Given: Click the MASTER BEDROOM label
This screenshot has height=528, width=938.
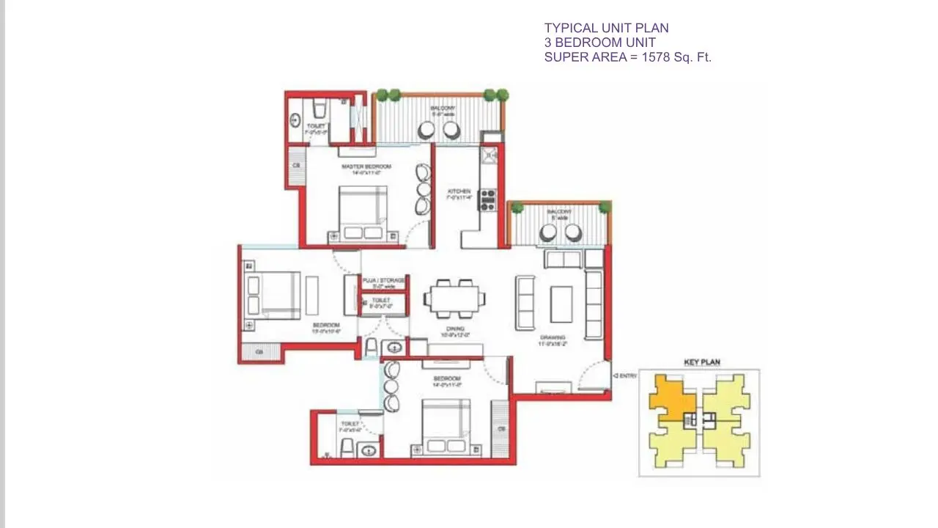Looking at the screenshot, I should click(366, 166).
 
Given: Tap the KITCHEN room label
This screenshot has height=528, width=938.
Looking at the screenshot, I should click(459, 192).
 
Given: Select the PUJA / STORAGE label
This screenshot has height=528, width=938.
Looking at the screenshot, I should click(383, 280).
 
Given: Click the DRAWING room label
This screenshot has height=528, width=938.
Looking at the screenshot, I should click(553, 337).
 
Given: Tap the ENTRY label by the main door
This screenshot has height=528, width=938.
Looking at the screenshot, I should click(627, 375).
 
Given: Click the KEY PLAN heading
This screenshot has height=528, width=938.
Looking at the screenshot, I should click(701, 362).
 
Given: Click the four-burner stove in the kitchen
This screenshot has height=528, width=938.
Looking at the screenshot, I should click(487, 199).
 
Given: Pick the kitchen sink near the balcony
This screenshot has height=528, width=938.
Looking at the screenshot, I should click(488, 155).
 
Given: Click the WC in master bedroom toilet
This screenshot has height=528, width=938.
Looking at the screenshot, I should click(319, 111).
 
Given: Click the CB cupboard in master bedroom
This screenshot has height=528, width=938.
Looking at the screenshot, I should click(296, 166).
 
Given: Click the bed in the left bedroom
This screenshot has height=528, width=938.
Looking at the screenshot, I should click(272, 295).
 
